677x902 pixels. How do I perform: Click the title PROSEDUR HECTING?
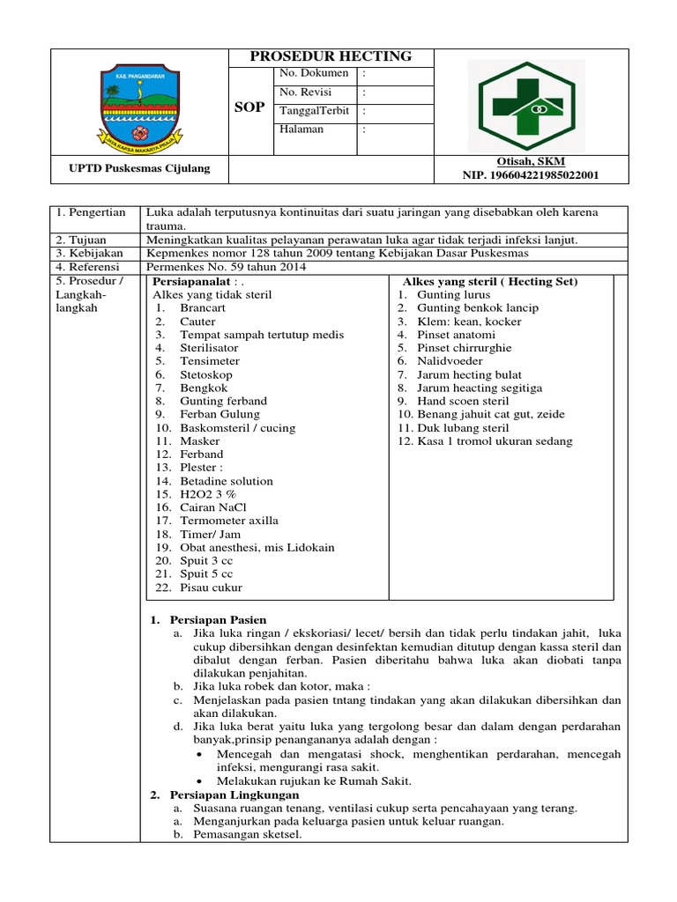(331, 56)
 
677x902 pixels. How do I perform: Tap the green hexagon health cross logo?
(526, 105)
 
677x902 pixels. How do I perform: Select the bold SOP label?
(249, 107)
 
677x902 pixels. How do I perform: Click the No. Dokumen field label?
(314, 73)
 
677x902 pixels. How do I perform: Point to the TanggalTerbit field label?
(314, 111)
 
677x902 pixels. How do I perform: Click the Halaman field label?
(301, 129)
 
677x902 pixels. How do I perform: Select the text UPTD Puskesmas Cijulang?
(140, 167)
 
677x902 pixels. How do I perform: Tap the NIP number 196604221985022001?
(531, 174)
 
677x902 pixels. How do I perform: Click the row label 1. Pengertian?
(91, 213)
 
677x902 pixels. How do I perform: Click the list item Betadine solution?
(227, 481)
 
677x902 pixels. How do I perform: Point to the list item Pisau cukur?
(211, 588)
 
